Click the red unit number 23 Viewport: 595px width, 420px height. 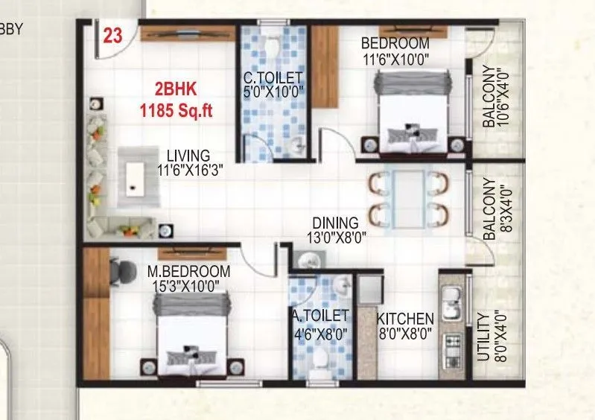tap(112, 37)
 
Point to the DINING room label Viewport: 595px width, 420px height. tap(335, 222)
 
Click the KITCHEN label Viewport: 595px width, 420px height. tap(404, 317)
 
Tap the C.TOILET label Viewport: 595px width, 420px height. tap(273, 77)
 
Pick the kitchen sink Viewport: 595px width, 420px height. tap(450, 300)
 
